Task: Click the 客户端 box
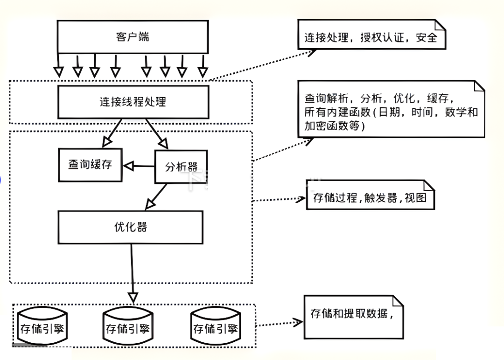point(133,37)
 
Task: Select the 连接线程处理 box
point(133,101)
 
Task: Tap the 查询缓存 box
point(90,165)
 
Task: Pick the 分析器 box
point(181,166)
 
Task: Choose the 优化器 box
point(131,227)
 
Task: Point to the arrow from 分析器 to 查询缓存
point(139,165)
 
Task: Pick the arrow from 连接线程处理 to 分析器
point(157,133)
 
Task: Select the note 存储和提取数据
point(353,316)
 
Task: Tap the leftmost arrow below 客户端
point(58,65)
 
